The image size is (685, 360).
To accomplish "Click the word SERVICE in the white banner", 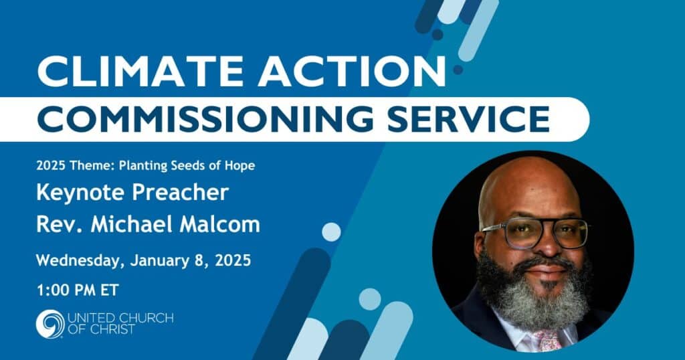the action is (468, 119).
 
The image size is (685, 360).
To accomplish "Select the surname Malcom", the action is (219, 224).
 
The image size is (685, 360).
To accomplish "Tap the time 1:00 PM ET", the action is (78, 290).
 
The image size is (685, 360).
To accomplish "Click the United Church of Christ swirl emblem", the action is (50, 324).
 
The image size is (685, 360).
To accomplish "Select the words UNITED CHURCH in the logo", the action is (120, 318).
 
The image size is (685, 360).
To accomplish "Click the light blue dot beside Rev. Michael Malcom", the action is (331, 232).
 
